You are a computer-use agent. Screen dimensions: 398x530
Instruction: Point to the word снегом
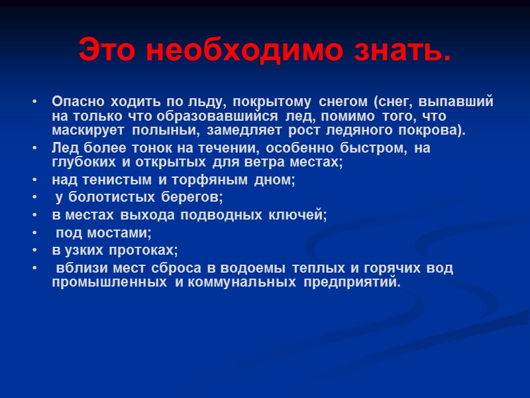[343, 102]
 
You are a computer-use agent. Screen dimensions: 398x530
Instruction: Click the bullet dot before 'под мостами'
[34, 233]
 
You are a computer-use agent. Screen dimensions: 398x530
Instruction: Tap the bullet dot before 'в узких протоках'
[34, 250]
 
